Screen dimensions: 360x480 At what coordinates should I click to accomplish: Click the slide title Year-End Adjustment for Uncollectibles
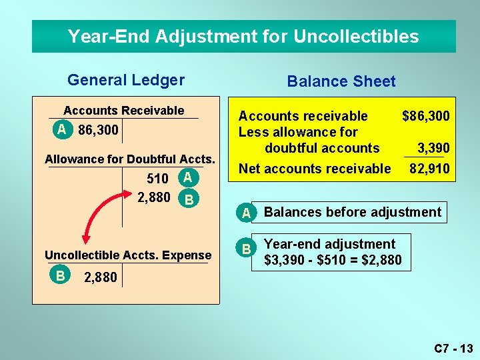(243, 36)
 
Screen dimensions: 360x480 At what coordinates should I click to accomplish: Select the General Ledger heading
(126, 80)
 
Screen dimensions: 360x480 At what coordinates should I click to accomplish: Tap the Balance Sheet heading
(341, 81)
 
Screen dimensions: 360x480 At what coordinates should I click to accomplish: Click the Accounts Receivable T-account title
(123, 111)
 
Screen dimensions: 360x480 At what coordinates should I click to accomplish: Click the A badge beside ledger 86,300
(62, 129)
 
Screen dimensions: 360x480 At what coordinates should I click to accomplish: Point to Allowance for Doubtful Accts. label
(129, 159)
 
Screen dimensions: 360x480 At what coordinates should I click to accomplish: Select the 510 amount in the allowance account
(157, 179)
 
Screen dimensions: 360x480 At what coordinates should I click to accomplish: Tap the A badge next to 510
(188, 177)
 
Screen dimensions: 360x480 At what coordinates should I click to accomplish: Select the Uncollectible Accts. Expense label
(127, 255)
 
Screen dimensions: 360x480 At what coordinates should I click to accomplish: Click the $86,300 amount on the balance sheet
(426, 116)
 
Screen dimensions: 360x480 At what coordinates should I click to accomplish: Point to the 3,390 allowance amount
(433, 148)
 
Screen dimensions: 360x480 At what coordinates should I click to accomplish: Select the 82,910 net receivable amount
(429, 169)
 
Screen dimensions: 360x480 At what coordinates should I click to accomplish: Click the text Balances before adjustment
(353, 212)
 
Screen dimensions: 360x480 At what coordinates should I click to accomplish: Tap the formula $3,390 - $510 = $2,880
(333, 260)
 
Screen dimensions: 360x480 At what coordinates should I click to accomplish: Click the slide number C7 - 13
(453, 348)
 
